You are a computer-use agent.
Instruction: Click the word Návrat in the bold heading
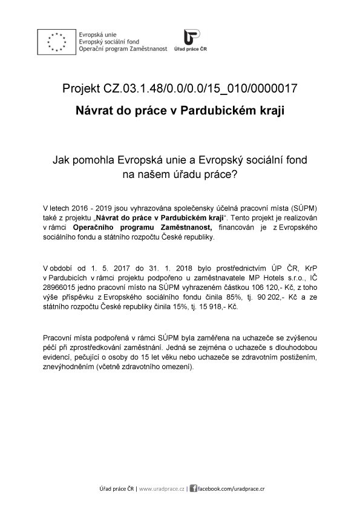click(94, 111)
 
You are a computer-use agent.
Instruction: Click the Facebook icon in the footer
click(193, 488)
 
